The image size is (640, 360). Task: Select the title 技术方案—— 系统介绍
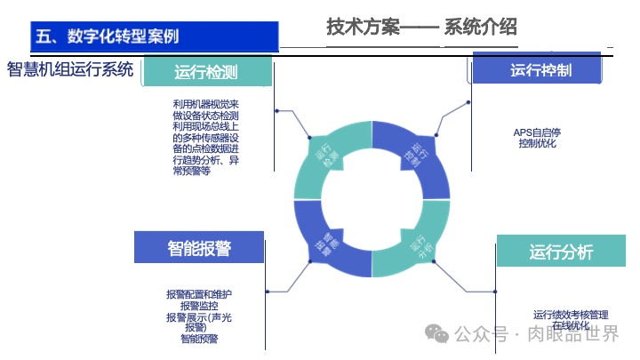pos(421,28)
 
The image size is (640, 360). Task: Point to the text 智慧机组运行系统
pos(70,69)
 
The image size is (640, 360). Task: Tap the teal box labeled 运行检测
pos(206,72)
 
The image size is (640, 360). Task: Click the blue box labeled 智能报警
pos(199,248)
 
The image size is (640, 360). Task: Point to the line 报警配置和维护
pos(200,294)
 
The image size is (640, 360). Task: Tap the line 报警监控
pos(200,306)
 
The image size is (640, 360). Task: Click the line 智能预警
pos(200,339)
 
